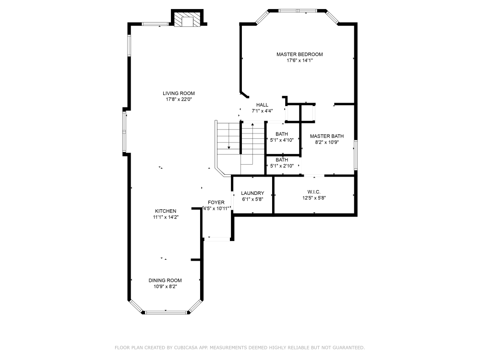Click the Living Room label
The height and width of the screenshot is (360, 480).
click(x=179, y=94)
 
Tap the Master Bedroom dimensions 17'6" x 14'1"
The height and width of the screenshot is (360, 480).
click(x=300, y=60)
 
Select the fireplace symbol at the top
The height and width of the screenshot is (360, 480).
click(x=187, y=19)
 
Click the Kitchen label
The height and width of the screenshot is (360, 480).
click(x=166, y=211)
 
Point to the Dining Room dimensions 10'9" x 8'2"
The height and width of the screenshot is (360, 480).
click(x=165, y=287)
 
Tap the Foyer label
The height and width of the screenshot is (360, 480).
click(x=216, y=203)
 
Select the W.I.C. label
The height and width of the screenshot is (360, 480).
click(x=314, y=192)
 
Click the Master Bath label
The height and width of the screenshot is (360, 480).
click(x=326, y=136)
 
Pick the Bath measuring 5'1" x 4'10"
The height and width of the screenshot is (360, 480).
click(x=282, y=137)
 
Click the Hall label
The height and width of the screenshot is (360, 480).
click(x=262, y=105)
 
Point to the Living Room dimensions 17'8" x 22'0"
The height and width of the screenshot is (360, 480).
click(x=179, y=99)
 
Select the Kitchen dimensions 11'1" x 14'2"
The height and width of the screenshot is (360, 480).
click(x=166, y=217)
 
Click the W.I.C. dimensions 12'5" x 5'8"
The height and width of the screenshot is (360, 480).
click(x=314, y=198)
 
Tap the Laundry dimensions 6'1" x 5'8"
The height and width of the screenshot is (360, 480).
click(x=252, y=199)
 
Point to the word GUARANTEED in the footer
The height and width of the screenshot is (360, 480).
click(x=349, y=348)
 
